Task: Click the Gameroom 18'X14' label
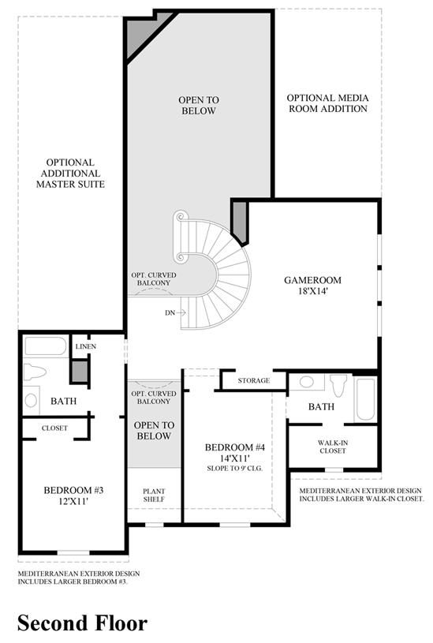[312, 286]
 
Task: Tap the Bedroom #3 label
[73, 495]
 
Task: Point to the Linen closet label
[86, 346]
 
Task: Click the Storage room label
[254, 380]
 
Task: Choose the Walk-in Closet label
[333, 447]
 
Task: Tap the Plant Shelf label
[154, 495]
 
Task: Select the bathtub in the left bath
[46, 346]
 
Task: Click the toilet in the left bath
[35, 372]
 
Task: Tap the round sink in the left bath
[31, 400]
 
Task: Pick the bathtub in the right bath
[365, 399]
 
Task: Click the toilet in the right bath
[338, 385]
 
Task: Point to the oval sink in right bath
[307, 382]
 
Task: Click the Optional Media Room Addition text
[327, 103]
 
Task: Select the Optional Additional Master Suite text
[70, 174]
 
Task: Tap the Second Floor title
[82, 623]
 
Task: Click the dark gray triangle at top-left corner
[144, 33]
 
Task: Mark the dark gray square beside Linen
[80, 371]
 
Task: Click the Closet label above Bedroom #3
[54, 428]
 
